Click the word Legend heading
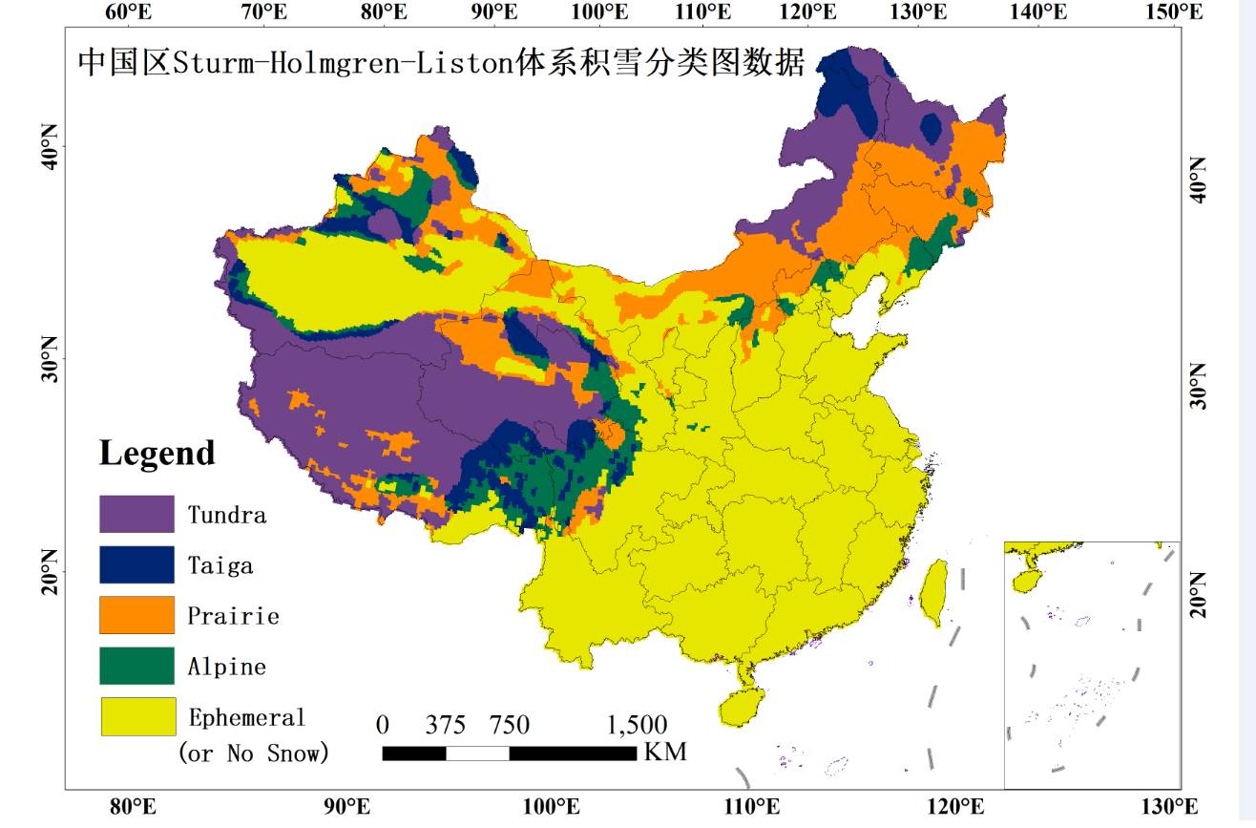pos(157,453)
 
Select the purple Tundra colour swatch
pos(136,514)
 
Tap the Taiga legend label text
pos(220,565)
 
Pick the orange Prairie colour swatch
pos(136,615)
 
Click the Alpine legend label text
pos(226,667)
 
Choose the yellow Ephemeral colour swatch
pos(138,716)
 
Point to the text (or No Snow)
pos(254,753)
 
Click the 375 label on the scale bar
pos(445,725)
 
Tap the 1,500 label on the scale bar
pos(637,725)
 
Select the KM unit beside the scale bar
pos(665,753)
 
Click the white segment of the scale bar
pos(477,754)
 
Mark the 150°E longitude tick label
pos(1174,11)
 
